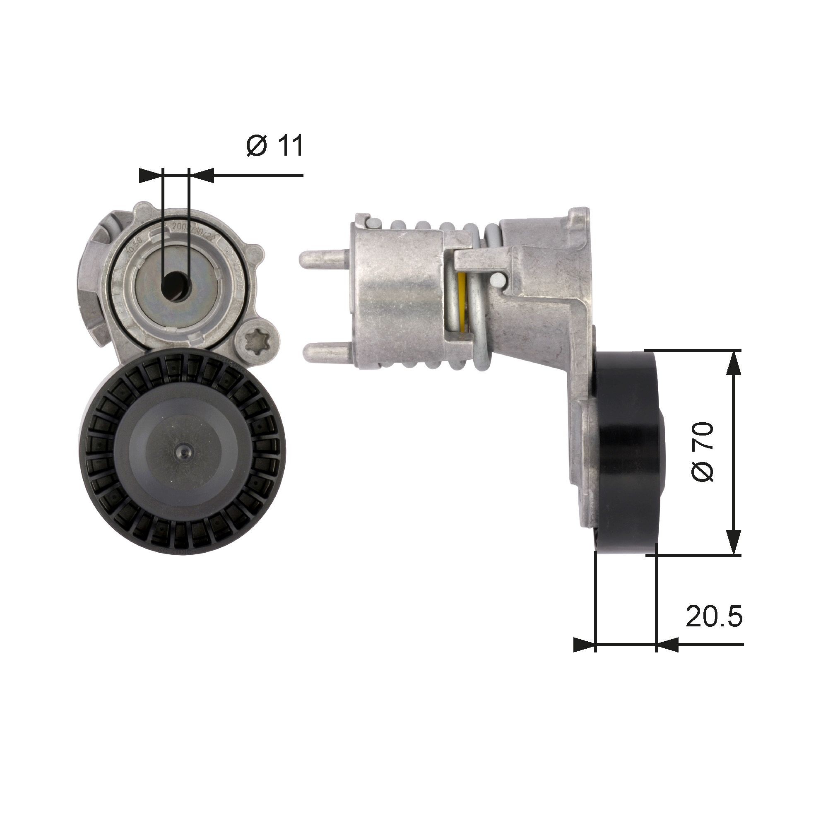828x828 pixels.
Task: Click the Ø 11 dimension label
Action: pyautogui.click(x=275, y=146)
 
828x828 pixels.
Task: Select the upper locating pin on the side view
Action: pyautogui.click(x=325, y=260)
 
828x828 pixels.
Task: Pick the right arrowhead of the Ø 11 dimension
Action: pyautogui.click(x=202, y=175)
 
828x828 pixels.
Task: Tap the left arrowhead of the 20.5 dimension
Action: pyautogui.click(x=584, y=656)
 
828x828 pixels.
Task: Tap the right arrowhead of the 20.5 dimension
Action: pyautogui.click(x=668, y=656)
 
